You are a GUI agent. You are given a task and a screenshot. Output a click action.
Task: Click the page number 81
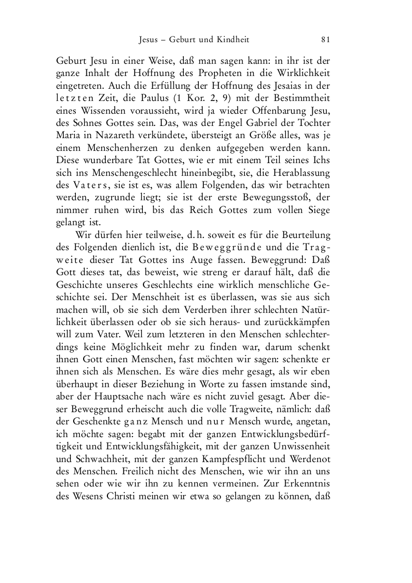click(326, 39)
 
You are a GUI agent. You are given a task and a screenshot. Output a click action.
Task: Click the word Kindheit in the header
click(234, 39)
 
